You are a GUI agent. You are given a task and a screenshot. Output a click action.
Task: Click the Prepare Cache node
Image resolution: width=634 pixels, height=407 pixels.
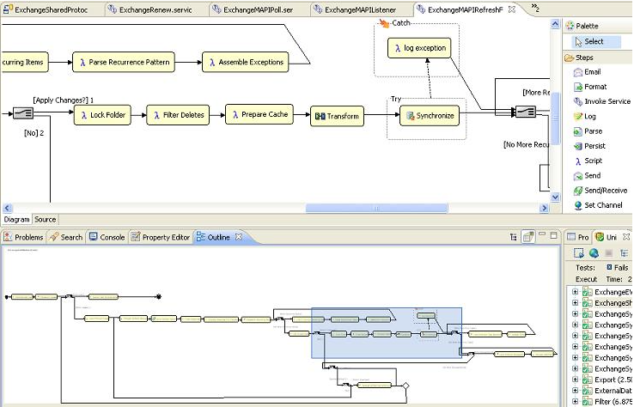click(260, 113)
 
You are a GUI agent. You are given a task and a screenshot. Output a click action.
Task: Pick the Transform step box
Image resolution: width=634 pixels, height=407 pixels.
click(337, 116)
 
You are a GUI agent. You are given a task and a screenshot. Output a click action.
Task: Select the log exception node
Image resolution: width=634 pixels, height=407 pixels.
click(420, 48)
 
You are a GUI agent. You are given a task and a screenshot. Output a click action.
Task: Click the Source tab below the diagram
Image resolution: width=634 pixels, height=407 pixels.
click(45, 220)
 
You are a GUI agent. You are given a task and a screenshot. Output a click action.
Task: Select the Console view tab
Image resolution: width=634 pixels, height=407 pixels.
click(107, 237)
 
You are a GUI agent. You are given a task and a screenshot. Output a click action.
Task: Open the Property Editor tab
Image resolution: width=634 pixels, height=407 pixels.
click(161, 237)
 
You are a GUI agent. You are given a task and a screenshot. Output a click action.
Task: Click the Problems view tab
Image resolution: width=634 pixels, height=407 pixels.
click(24, 237)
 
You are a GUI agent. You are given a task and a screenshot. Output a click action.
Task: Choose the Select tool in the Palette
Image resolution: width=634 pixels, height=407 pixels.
click(593, 41)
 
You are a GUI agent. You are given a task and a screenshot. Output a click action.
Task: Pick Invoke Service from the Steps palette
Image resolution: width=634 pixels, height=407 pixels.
click(607, 101)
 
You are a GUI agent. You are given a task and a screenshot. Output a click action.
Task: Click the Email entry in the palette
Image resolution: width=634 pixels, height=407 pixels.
click(593, 72)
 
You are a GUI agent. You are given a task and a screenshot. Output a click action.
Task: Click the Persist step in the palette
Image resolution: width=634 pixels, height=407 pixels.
click(594, 146)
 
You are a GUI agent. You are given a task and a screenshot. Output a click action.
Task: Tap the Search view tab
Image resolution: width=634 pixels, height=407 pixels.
click(67, 237)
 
